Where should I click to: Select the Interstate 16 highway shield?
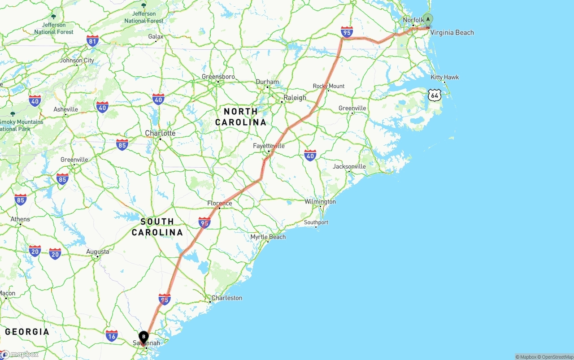(x=112, y=335)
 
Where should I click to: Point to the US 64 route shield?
(x=434, y=95)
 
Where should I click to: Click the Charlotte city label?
(x=160, y=133)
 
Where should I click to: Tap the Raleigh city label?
(x=295, y=98)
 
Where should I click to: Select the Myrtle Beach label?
(x=268, y=237)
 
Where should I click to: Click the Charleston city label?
(x=227, y=298)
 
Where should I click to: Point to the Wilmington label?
(x=320, y=202)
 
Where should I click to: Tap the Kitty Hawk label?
(x=445, y=77)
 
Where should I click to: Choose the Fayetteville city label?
(x=269, y=146)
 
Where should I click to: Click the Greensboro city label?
(x=218, y=77)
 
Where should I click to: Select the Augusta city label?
(x=98, y=252)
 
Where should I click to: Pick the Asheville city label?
(x=65, y=109)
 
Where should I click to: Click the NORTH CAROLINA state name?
(x=240, y=117)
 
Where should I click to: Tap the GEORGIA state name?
(x=27, y=332)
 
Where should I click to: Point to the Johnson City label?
(x=77, y=61)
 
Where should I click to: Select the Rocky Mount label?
(x=329, y=86)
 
